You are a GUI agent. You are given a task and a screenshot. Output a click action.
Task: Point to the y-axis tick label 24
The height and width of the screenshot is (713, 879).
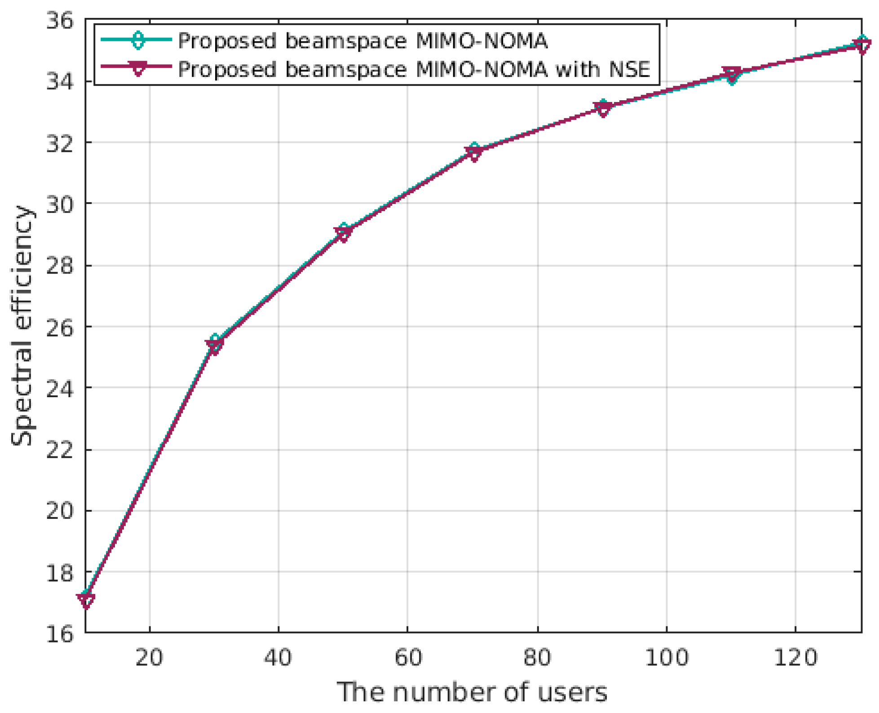point(59,388)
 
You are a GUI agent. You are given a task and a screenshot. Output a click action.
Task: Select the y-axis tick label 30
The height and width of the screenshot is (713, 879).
point(59,204)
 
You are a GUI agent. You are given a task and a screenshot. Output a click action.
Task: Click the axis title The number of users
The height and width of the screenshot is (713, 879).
point(472,692)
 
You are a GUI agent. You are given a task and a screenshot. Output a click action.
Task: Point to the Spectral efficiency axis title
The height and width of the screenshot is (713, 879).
point(22,326)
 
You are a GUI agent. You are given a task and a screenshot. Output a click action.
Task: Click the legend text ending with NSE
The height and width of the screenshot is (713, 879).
point(414,70)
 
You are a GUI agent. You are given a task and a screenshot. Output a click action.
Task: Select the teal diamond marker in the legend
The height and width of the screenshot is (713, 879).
point(138,40)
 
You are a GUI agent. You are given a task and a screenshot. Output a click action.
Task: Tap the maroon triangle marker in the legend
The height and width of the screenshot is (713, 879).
point(138,68)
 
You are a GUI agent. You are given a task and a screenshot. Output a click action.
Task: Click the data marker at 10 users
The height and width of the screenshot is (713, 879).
point(86,599)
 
